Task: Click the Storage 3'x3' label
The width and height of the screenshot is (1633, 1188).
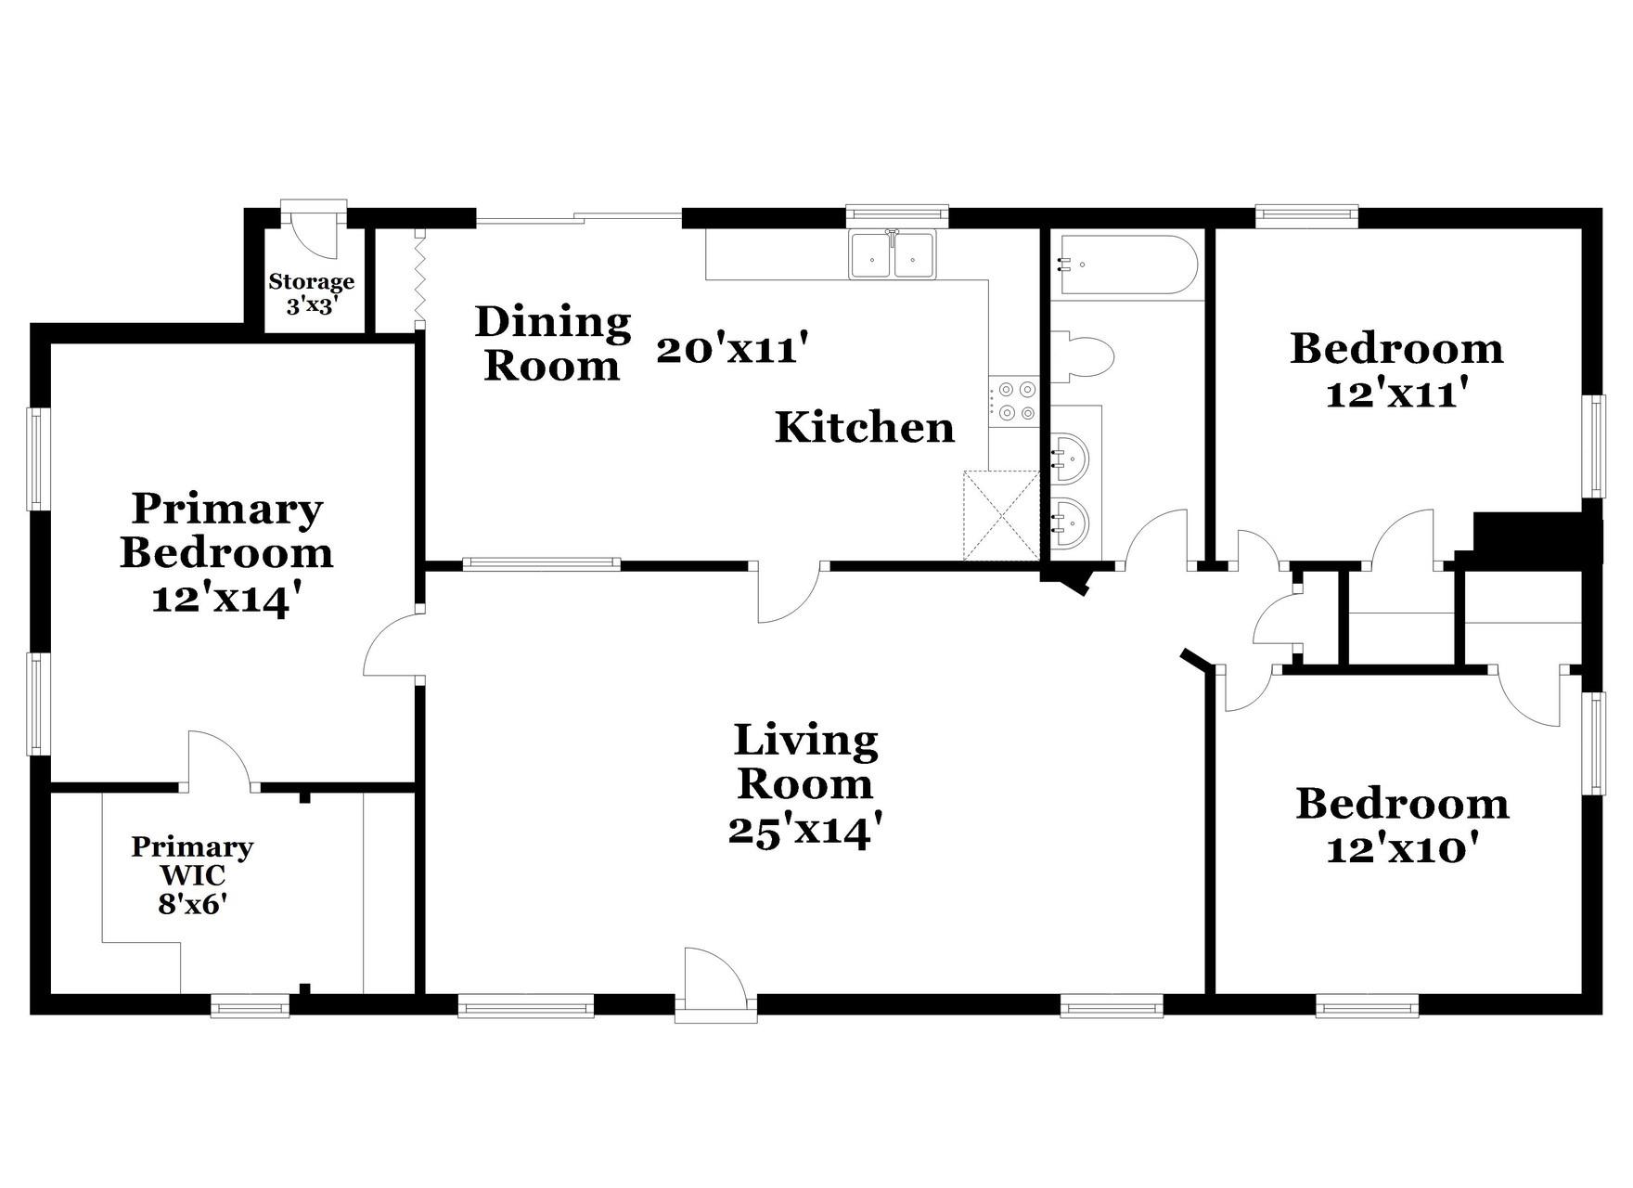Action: (312, 293)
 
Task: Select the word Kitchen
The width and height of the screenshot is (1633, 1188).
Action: (864, 428)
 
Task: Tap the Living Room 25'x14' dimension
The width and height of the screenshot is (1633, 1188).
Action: (804, 831)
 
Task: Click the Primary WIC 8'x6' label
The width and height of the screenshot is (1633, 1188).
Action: (192, 875)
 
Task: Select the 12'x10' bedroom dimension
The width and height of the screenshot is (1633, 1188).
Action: (1401, 849)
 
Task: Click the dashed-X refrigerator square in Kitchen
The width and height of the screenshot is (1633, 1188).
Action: (1001, 515)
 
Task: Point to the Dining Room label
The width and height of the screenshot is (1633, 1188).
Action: (553, 343)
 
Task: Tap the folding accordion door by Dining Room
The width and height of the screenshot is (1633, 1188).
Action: (419, 278)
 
